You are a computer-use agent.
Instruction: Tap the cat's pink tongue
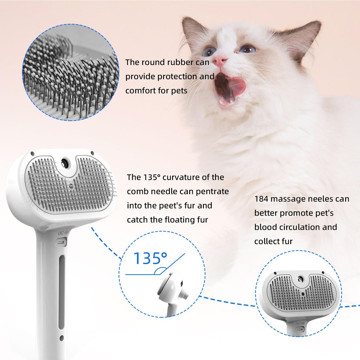[236, 86]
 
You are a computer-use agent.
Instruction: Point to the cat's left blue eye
[208, 51]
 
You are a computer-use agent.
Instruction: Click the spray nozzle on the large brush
[64, 162]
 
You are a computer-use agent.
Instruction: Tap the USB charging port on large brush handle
[61, 243]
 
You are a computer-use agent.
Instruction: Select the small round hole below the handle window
[61, 338]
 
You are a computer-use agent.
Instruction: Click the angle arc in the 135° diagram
[160, 271]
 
